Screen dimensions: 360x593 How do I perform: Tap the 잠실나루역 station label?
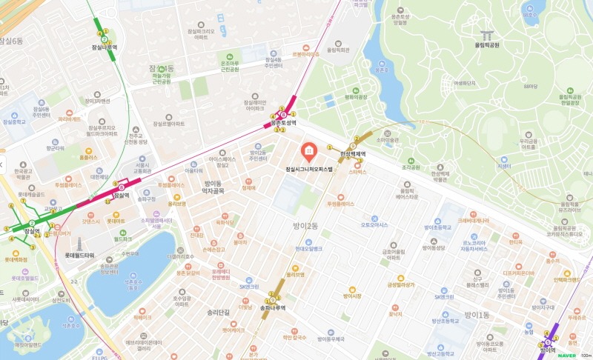pos(102,46)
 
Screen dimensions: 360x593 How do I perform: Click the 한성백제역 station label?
pos(354,153)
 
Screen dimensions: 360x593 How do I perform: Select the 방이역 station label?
pos(548,350)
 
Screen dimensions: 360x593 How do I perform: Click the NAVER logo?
pos(566,354)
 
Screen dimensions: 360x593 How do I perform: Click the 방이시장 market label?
pos(351,296)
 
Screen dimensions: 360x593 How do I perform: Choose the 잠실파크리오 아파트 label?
pos(200,33)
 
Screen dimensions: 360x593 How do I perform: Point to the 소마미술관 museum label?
pos(388,139)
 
